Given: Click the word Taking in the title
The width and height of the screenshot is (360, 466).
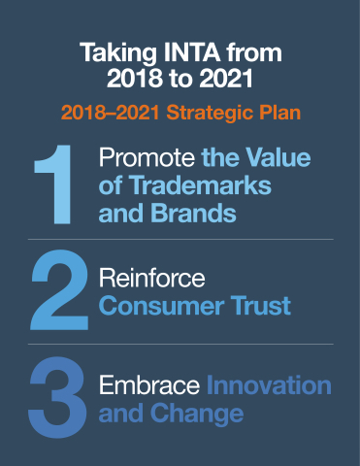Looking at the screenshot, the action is click(x=118, y=53).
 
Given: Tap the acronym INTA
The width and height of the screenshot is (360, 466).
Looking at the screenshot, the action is click(x=192, y=51).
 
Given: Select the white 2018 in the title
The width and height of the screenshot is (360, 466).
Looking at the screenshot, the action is click(x=135, y=79).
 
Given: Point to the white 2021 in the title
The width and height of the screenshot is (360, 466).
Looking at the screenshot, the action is click(x=226, y=79).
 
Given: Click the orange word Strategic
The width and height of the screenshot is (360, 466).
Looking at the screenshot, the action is click(x=210, y=114).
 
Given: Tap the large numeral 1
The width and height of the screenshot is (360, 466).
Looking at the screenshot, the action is click(x=53, y=184).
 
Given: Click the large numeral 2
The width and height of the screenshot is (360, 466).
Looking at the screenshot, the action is click(x=59, y=290).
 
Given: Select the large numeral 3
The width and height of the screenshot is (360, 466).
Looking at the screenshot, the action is click(x=58, y=397).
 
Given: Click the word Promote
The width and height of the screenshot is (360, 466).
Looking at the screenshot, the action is click(x=147, y=157).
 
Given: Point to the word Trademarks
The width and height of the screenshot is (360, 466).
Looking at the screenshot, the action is click(x=200, y=185).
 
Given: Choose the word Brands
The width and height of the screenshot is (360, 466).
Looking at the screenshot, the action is click(x=193, y=214).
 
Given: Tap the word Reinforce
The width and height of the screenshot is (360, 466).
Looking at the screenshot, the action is click(x=152, y=278).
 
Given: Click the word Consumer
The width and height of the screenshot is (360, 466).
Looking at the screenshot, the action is click(x=161, y=306).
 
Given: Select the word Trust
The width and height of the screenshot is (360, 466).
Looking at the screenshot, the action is click(x=260, y=306).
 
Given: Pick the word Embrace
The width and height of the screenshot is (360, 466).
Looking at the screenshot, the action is click(x=149, y=385).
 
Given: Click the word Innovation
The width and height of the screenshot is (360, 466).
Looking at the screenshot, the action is click(x=269, y=385).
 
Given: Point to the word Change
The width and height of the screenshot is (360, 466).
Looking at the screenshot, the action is click(x=197, y=414).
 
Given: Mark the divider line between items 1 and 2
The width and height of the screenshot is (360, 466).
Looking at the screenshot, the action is click(x=180, y=240).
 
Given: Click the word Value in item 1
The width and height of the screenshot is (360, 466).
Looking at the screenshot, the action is click(x=278, y=157).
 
